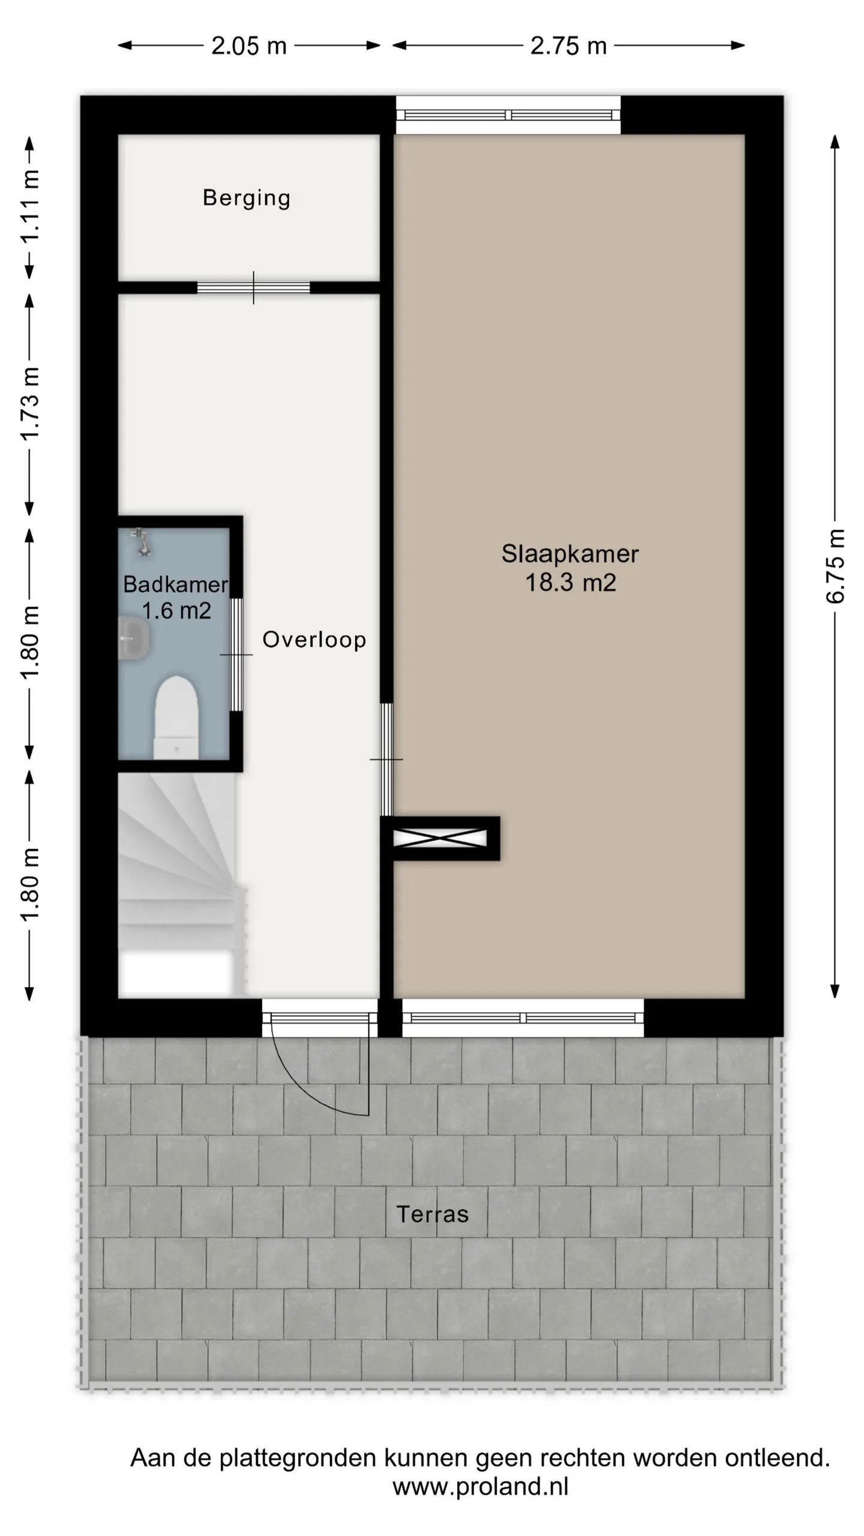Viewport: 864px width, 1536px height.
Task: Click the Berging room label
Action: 247,198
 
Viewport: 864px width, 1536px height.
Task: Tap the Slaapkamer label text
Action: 570,554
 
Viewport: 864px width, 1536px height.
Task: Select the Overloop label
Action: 314,640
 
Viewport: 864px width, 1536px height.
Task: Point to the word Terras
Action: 432,1214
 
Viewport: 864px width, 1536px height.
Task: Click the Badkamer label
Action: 175,584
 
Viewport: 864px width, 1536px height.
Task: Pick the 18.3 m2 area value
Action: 571,583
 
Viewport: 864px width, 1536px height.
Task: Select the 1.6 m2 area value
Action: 176,611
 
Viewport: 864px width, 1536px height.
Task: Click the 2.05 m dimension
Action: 249,46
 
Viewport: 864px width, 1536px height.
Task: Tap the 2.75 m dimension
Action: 568,46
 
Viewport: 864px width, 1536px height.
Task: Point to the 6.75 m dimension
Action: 835,566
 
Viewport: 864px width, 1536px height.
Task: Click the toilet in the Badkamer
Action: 176,716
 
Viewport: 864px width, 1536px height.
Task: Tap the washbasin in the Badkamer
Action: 134,639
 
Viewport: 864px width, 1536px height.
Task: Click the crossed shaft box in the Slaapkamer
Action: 440,838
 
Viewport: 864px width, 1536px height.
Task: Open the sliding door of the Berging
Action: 253,288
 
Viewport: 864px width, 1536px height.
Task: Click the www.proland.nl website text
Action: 481,1486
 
